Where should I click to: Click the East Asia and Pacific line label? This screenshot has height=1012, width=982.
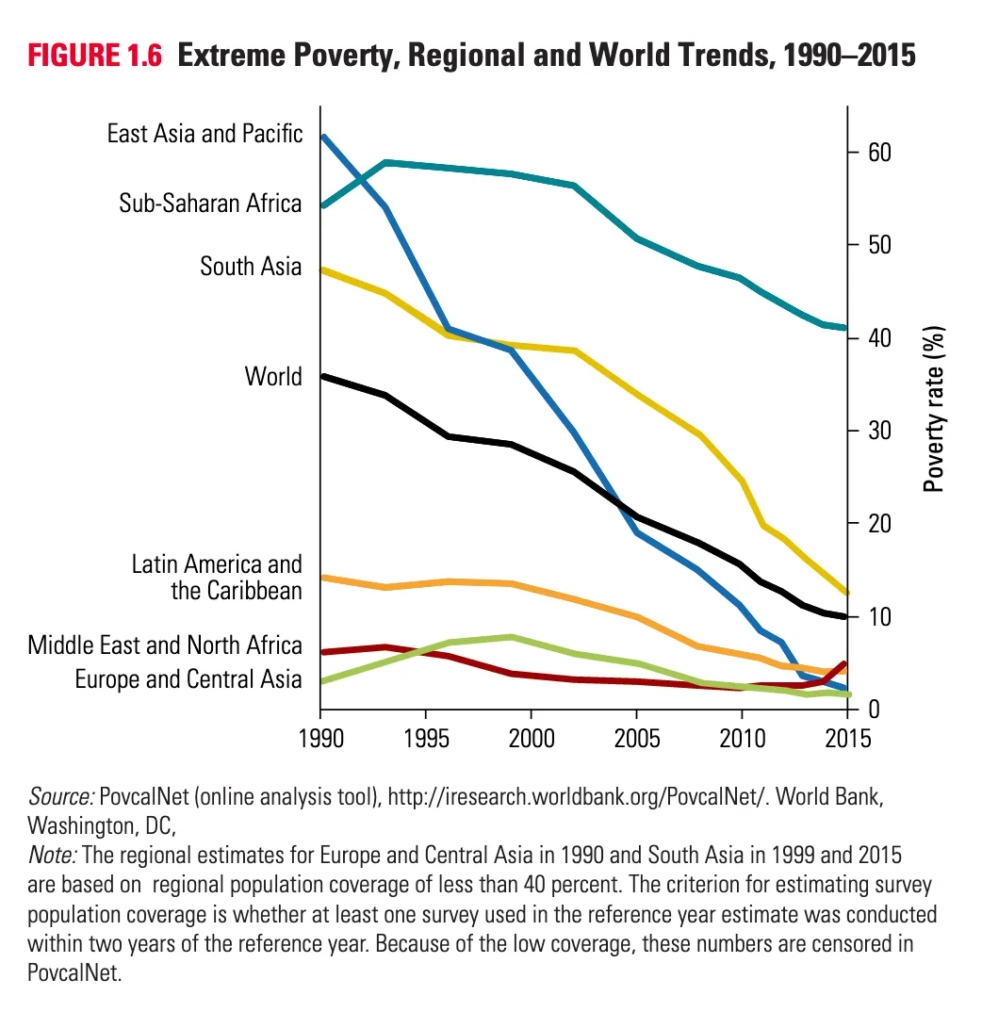[205, 134]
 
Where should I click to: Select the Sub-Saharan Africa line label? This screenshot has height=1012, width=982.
[210, 204]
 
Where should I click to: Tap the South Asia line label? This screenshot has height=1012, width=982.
[251, 267]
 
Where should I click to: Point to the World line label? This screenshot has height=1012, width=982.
[273, 377]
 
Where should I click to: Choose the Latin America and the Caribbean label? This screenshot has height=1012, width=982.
[217, 578]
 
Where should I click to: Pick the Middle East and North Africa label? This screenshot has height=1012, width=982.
[165, 645]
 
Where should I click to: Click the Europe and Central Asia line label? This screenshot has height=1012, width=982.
[188, 679]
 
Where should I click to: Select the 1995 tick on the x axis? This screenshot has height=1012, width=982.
[426, 735]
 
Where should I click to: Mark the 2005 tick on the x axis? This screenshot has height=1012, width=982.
[637, 735]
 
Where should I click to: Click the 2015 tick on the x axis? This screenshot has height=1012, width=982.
[847, 735]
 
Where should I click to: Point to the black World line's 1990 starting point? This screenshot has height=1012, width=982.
[322, 376]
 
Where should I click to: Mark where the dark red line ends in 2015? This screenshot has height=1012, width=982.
[844, 664]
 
